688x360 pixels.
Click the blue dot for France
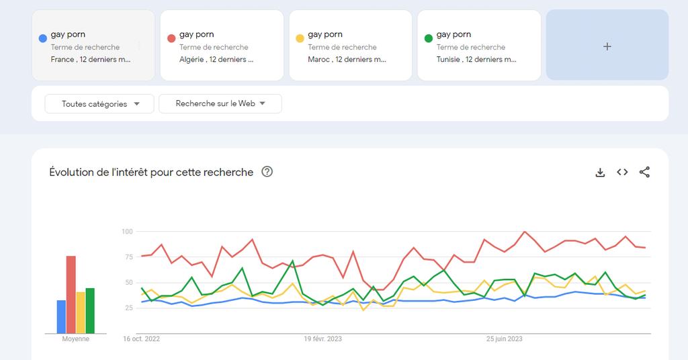click(x=43, y=38)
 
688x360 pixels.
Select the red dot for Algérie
click(x=171, y=38)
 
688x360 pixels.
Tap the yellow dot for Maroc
click(x=300, y=38)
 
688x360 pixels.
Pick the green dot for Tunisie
click(x=429, y=38)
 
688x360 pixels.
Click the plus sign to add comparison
click(x=607, y=46)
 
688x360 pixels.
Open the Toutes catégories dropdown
click(x=99, y=104)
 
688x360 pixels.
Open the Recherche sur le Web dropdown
click(x=220, y=103)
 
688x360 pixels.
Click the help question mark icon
click(x=267, y=172)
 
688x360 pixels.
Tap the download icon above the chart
click(x=601, y=173)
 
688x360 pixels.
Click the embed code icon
click(x=623, y=173)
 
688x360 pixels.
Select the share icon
click(x=645, y=173)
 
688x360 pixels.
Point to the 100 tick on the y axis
click(x=127, y=232)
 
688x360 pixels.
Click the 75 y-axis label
click(x=129, y=257)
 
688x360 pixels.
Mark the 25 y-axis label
click(x=129, y=308)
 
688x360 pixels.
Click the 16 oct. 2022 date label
click(x=141, y=339)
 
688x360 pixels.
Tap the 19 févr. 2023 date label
click(x=322, y=339)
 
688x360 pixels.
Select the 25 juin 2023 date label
click(x=505, y=339)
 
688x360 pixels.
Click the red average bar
click(x=71, y=294)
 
